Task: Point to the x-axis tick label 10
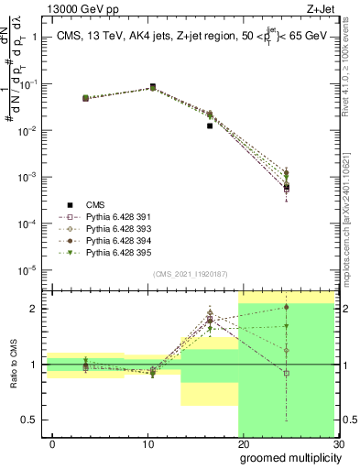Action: (147, 444)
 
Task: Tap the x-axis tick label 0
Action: (52, 444)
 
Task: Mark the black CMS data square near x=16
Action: (210, 125)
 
